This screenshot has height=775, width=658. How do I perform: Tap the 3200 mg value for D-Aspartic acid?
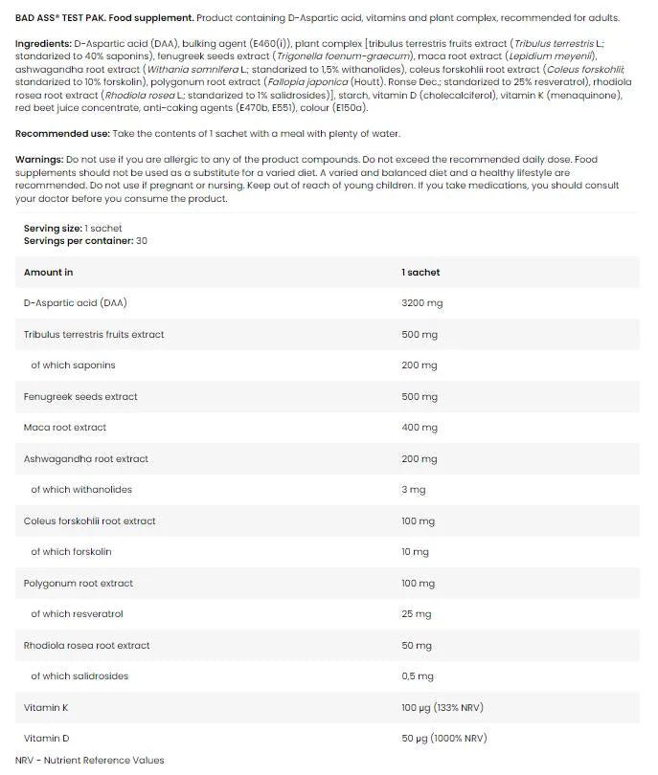(x=421, y=303)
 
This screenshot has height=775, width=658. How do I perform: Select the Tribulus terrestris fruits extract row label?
(x=94, y=335)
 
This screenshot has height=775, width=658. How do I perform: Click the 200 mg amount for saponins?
(x=419, y=365)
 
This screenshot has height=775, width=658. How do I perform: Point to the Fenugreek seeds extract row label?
(x=80, y=397)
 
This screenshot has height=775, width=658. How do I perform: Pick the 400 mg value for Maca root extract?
(x=419, y=428)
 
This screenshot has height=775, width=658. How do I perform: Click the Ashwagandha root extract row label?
(x=86, y=459)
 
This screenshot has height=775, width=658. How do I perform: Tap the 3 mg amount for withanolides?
(x=414, y=490)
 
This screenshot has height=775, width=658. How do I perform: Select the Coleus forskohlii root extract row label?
(x=90, y=521)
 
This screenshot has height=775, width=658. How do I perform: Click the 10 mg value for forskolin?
(x=416, y=552)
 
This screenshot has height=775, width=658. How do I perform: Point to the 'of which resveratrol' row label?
(x=77, y=614)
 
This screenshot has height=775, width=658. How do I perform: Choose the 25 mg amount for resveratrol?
(x=416, y=614)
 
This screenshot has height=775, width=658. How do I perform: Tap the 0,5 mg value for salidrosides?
(x=417, y=676)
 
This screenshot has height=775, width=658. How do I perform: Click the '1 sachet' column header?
(x=420, y=273)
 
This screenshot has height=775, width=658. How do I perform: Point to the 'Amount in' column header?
(x=49, y=273)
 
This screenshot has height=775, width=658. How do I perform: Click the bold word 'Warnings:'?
(x=40, y=159)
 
